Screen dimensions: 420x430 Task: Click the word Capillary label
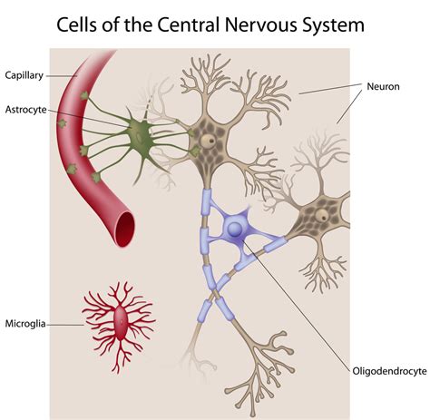[25, 74]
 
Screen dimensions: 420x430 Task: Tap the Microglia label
[26, 322]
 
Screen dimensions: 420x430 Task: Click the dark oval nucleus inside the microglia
[122, 317]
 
